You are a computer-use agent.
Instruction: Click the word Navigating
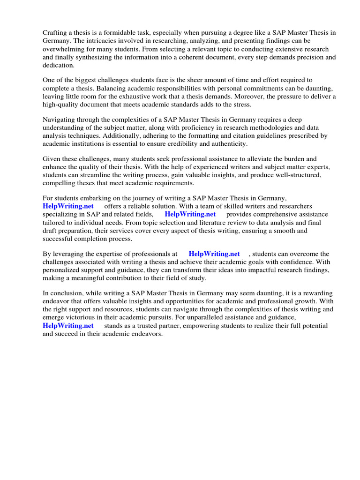[x=59, y=120]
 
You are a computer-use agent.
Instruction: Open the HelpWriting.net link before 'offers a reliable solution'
[x=68, y=207]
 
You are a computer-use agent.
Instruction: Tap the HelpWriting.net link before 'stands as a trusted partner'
[x=68, y=326]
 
